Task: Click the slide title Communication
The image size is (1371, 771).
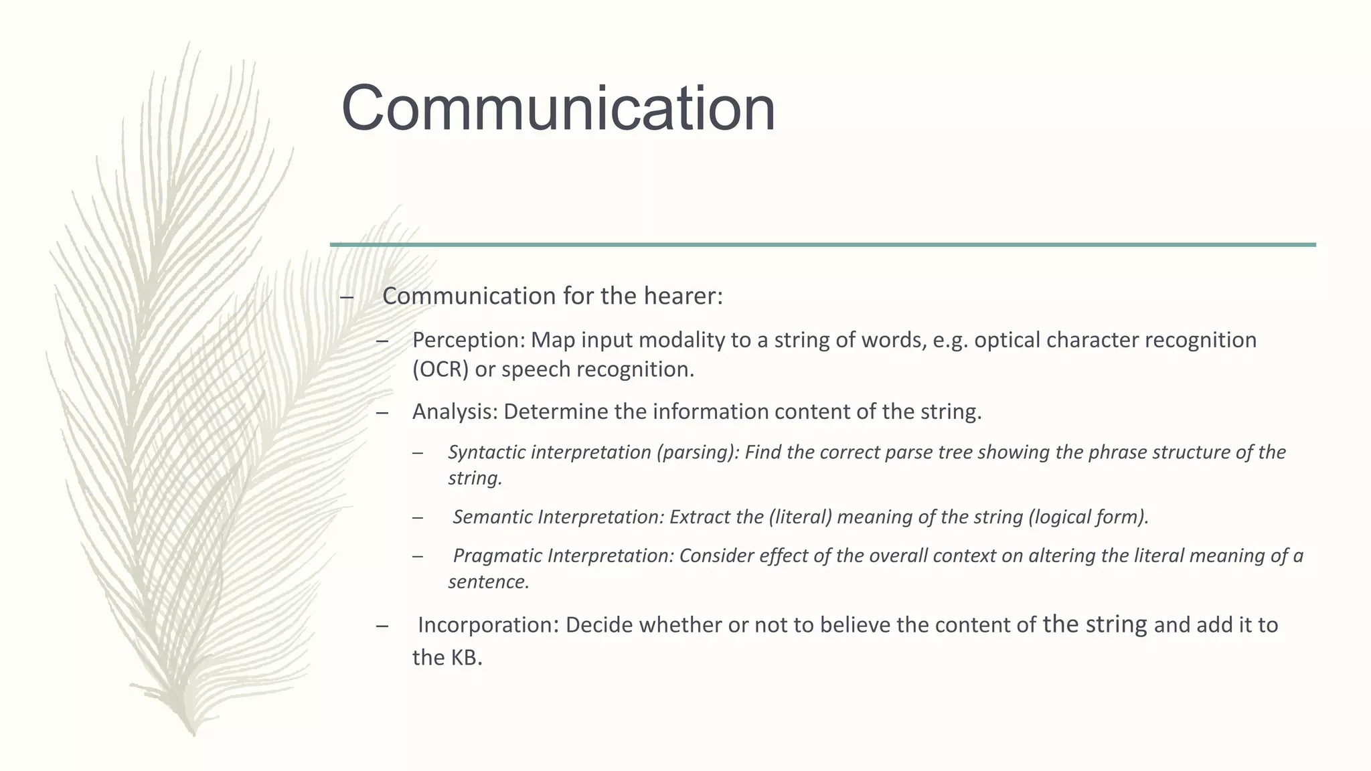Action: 558,108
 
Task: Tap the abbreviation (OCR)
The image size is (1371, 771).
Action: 440,369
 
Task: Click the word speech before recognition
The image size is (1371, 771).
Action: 536,369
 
